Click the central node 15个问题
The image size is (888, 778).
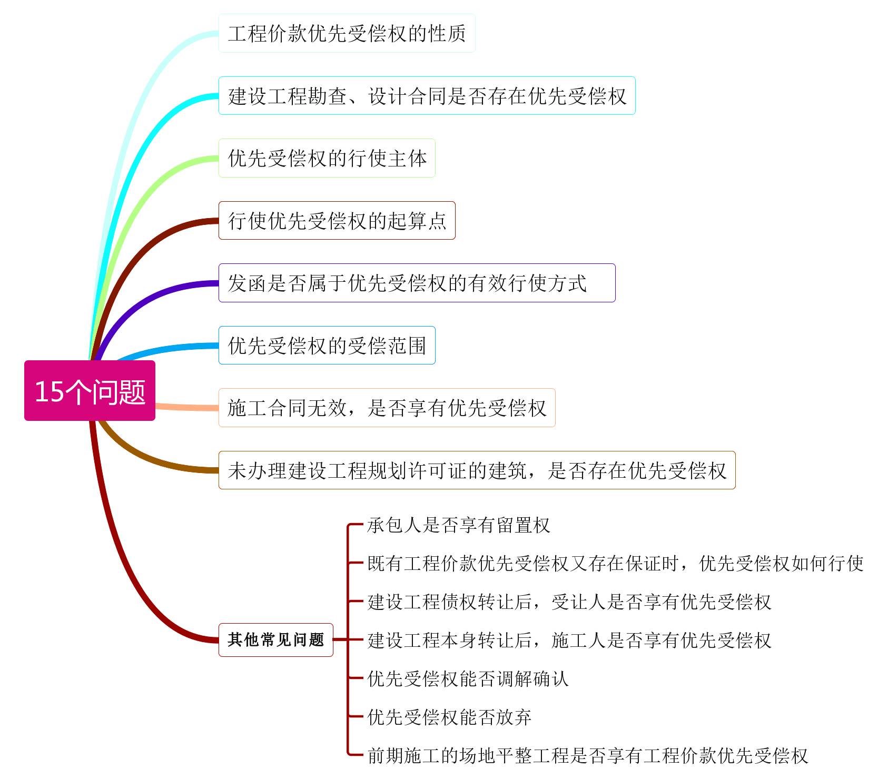point(90,390)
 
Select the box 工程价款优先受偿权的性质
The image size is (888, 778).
point(347,33)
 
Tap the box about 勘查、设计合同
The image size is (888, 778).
point(427,95)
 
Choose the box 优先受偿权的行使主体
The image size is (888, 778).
point(327,158)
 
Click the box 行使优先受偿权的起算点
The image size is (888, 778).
point(337,220)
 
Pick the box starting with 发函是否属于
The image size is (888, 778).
point(417,283)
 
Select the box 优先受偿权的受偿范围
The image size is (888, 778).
point(327,345)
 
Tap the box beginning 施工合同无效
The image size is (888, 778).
point(387,407)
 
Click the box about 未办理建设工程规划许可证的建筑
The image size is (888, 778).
point(477,470)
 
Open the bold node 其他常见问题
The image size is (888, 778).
point(275,639)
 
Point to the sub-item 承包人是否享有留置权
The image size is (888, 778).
point(458,525)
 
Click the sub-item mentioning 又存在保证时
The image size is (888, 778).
point(615,563)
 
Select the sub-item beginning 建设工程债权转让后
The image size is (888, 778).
point(569,602)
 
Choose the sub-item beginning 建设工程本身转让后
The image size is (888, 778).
point(569,640)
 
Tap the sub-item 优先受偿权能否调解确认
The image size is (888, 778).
point(468,678)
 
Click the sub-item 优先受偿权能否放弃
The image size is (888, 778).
point(449,717)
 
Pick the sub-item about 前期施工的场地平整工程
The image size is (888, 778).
point(587,755)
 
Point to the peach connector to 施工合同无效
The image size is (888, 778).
point(187,407)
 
